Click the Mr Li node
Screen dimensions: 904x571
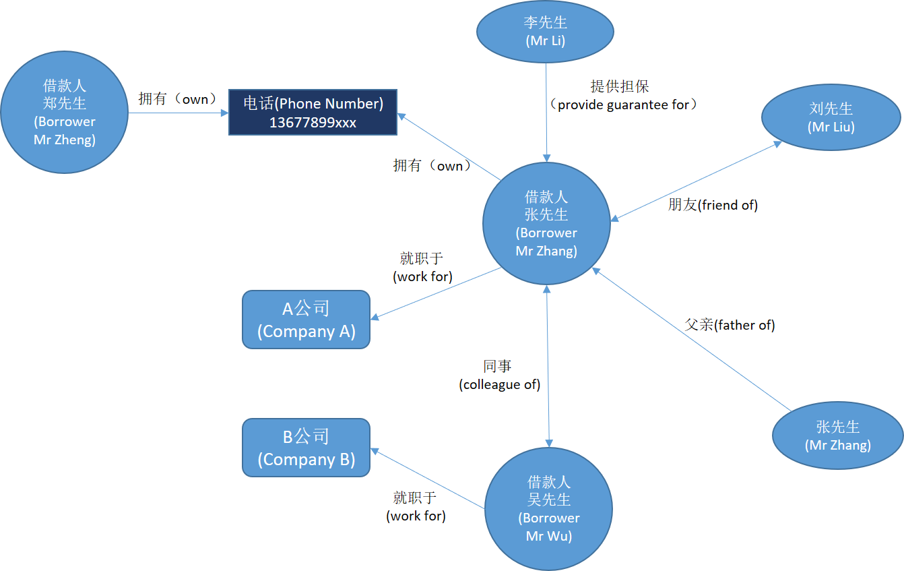coord(545,32)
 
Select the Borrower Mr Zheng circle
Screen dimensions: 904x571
coord(65,113)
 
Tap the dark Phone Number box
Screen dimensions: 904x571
coord(313,113)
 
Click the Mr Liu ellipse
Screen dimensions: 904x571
coord(831,117)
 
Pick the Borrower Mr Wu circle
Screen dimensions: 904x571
coord(548,509)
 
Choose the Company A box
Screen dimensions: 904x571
coord(306,320)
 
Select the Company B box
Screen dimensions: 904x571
coord(306,448)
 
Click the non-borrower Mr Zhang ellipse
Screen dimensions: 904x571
coord(838,435)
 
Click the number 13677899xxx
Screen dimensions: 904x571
coord(313,123)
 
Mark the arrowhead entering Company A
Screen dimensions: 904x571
coord(375,317)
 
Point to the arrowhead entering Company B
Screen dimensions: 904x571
coord(375,451)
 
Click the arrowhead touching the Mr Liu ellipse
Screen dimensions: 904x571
coord(777,144)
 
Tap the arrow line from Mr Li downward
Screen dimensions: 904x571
coord(546,113)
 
